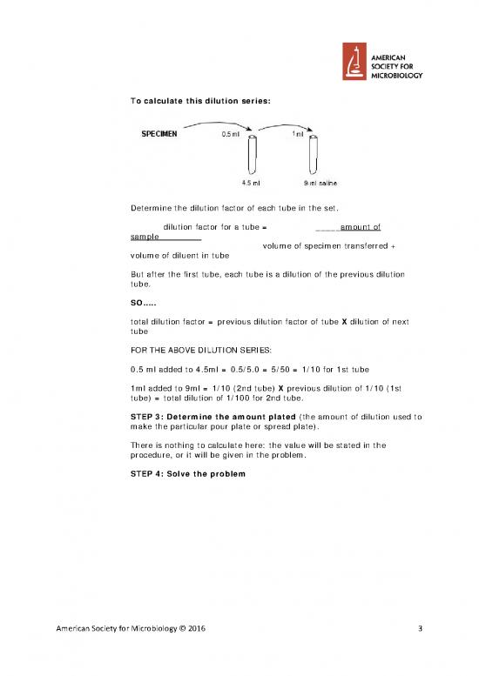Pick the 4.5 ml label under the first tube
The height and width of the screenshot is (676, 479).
point(251,183)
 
